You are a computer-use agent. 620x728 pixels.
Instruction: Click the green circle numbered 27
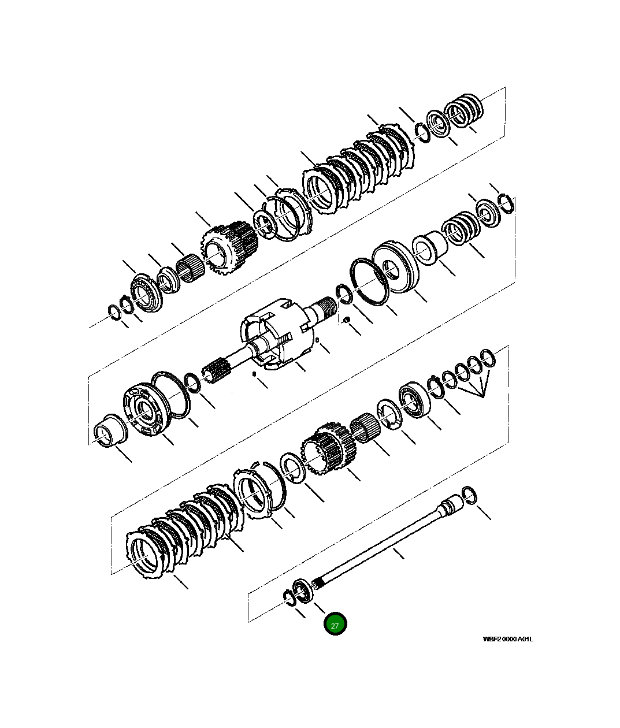click(x=335, y=624)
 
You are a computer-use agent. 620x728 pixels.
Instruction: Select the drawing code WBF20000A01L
click(x=508, y=639)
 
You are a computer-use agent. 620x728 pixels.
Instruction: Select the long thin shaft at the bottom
click(x=381, y=543)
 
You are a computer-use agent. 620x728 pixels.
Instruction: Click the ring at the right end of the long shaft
click(x=470, y=495)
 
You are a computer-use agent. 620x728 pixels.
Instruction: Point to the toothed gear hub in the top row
click(x=228, y=248)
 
